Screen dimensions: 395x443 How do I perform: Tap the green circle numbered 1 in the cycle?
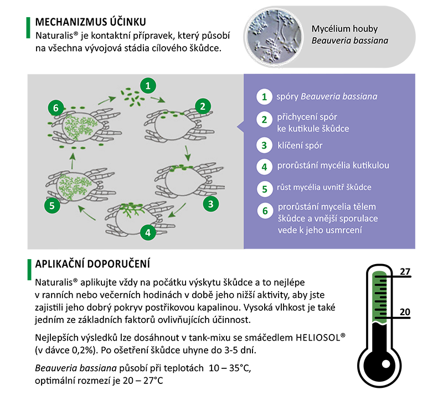147,85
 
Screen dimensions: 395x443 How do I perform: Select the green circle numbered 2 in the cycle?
203,106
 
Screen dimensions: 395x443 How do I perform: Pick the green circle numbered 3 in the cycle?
210,204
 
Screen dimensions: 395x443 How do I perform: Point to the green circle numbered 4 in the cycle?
147,232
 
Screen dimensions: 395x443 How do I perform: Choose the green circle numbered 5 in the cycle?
51,205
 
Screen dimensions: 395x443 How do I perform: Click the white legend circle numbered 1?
264,97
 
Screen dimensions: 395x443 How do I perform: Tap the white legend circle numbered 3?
264,146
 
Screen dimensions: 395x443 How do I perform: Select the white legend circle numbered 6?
265,211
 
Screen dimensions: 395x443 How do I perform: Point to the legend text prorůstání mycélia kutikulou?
329,165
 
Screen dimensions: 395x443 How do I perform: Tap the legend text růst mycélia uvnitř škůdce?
323,187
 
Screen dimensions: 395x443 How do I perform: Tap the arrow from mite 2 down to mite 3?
188,151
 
